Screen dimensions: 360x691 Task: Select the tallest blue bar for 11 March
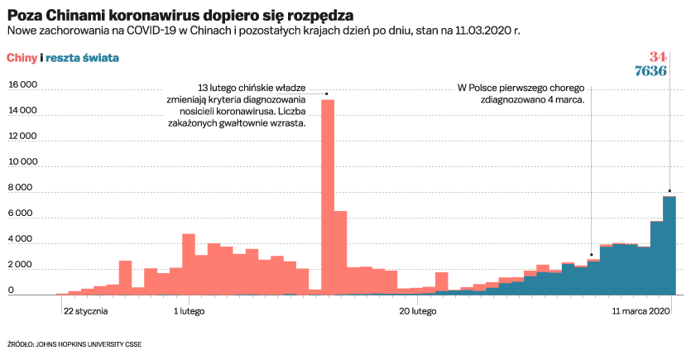point(669,245)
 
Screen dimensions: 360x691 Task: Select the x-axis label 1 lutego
point(189,312)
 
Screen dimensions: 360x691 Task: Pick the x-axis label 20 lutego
point(417,312)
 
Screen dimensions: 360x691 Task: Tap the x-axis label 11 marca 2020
point(640,312)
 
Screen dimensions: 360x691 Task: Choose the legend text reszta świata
point(82,58)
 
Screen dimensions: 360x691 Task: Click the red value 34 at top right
point(657,57)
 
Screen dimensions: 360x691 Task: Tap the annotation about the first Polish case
point(522,93)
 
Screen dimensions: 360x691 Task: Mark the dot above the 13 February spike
point(327,94)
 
